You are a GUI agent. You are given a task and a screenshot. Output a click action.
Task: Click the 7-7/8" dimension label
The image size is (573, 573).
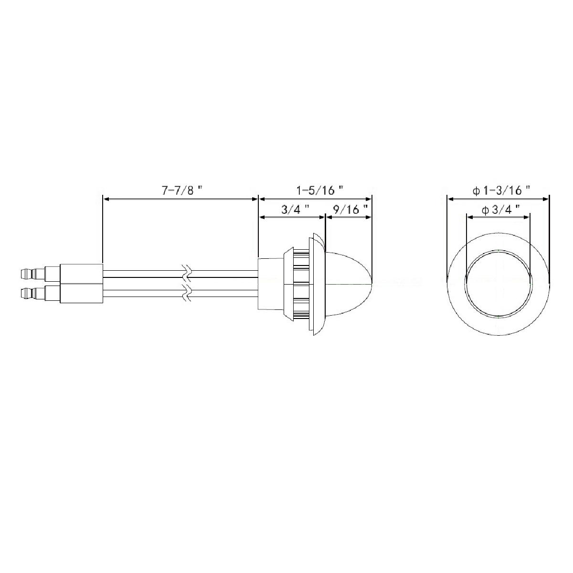click(x=181, y=191)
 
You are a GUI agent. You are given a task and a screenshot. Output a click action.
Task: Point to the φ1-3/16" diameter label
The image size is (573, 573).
click(x=501, y=191)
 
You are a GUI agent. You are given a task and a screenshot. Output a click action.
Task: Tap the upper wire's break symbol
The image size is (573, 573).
click(x=187, y=274)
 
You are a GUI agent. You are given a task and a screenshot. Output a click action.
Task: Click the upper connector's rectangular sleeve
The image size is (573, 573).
click(x=81, y=274)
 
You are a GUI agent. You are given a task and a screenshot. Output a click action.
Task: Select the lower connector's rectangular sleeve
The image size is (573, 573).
click(x=81, y=293)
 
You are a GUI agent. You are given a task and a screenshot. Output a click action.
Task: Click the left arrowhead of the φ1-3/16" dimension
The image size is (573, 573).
click(x=450, y=199)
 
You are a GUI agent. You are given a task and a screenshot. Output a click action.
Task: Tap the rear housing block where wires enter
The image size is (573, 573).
click(x=270, y=283)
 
